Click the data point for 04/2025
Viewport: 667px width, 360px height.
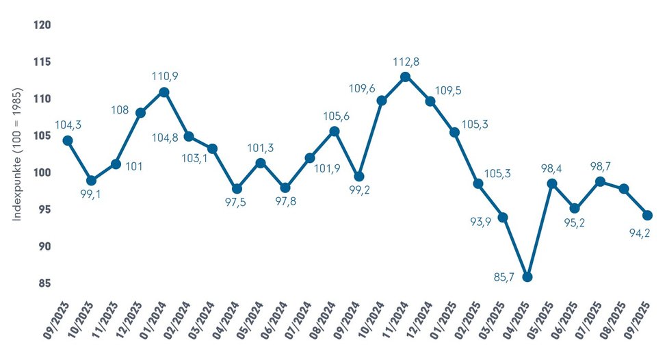tap(527, 277)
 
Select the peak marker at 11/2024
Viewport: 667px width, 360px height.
tap(406, 77)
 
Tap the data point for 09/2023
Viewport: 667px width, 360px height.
tap(67, 140)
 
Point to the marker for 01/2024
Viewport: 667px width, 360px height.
tap(164, 92)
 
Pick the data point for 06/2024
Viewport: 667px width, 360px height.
tap(285, 188)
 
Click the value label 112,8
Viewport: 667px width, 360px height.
tap(406, 62)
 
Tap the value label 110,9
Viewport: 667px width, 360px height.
tap(164, 76)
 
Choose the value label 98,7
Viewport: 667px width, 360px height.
tap(601, 166)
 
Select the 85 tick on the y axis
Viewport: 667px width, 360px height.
tap(46, 283)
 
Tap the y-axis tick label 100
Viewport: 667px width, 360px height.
tap(42, 172)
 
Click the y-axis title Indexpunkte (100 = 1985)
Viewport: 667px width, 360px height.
tap(18, 153)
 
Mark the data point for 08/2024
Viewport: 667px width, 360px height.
tap(334, 131)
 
